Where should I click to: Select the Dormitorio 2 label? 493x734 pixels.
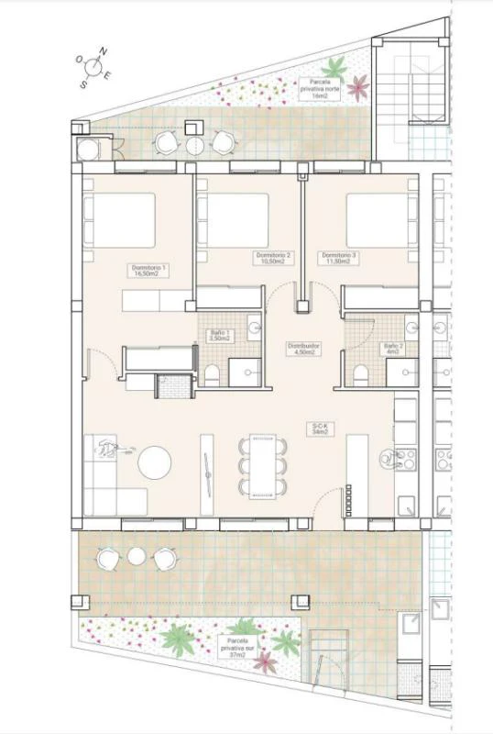click(273, 258)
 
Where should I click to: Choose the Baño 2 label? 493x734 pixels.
click(394, 348)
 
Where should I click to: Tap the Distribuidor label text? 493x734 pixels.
click(304, 349)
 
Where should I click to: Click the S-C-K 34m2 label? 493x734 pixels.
click(320, 428)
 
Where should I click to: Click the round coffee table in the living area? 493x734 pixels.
click(154, 462)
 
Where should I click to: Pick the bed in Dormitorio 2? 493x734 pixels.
click(234, 218)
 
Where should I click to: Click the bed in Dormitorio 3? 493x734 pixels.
click(377, 218)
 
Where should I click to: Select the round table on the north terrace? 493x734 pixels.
click(195, 144)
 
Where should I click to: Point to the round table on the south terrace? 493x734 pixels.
click(137, 556)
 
